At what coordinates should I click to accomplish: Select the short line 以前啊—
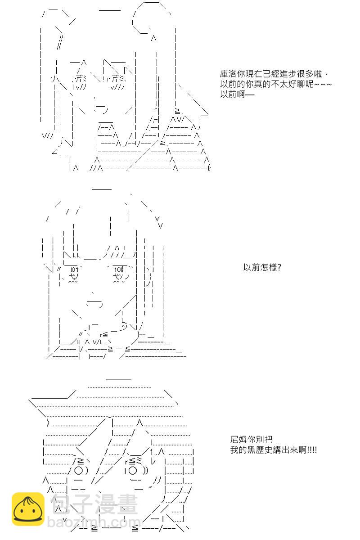tap(237, 95)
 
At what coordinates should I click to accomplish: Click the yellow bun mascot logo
tap(28, 509)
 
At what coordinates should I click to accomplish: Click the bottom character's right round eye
tap(134, 471)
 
